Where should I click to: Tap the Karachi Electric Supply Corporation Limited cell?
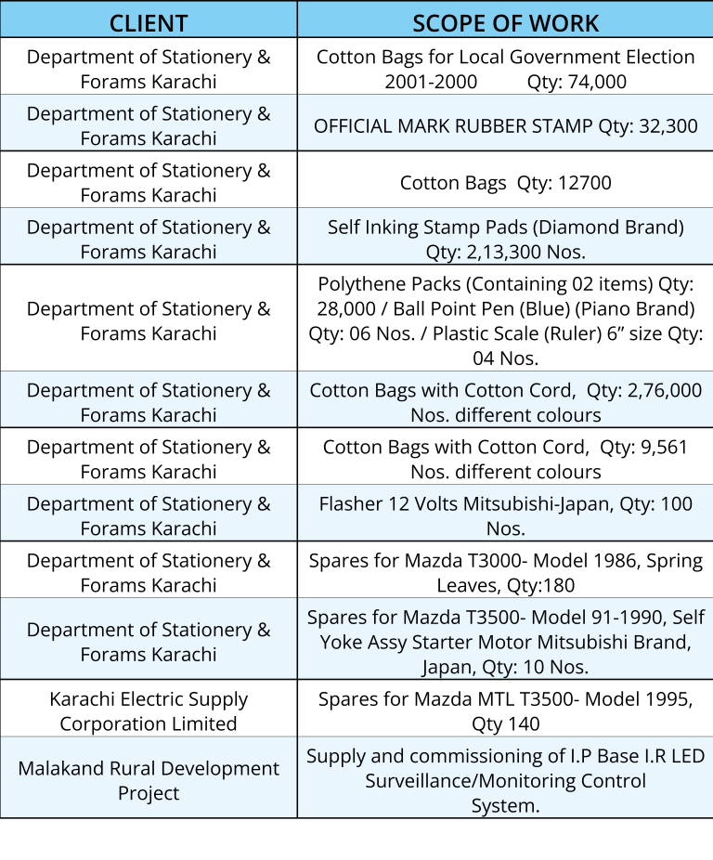click(x=149, y=711)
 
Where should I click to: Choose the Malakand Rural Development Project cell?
click(x=149, y=781)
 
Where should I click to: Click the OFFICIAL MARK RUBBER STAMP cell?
click(x=505, y=125)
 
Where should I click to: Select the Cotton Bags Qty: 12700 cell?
click(x=505, y=183)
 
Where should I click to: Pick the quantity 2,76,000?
click(x=667, y=391)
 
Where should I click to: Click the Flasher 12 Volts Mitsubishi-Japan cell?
click(x=505, y=516)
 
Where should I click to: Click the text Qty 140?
click(x=505, y=724)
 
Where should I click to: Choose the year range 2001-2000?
click(x=431, y=82)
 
